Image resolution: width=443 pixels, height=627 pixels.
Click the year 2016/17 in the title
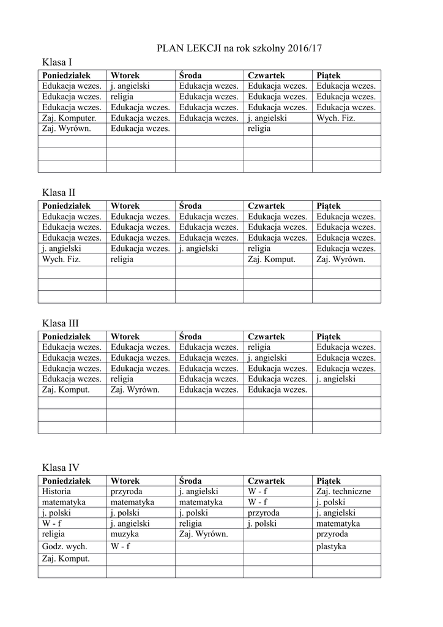point(303,47)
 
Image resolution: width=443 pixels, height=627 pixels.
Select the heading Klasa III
point(61,323)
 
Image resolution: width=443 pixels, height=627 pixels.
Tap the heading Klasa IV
point(61,468)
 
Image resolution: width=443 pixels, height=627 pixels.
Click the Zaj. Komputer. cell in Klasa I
point(69,118)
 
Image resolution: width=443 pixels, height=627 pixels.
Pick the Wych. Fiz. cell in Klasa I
point(335,118)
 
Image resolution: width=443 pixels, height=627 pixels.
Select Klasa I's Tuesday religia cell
point(122,97)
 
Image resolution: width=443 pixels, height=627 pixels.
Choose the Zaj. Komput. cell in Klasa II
point(272,260)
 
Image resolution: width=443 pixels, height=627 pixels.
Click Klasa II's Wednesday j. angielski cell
point(199,249)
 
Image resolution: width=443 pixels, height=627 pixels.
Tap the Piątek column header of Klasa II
point(329,206)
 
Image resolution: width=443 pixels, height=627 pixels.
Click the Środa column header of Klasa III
point(190,337)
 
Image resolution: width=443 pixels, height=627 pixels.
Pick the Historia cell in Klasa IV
point(57,491)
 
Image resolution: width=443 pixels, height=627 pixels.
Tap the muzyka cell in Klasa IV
point(125,534)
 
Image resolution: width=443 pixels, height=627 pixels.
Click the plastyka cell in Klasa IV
point(332,546)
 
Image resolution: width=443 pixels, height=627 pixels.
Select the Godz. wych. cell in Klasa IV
point(64,546)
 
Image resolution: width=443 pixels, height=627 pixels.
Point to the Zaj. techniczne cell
point(343,491)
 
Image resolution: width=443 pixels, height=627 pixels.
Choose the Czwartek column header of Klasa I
point(265,75)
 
